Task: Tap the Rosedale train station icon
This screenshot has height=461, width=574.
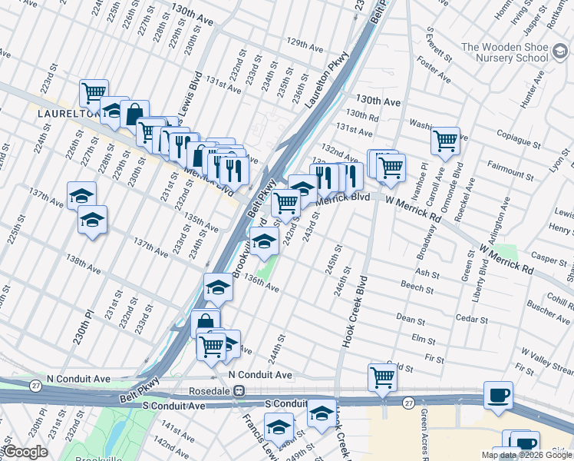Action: tap(239, 390)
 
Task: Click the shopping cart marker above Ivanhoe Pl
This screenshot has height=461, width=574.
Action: tap(445, 141)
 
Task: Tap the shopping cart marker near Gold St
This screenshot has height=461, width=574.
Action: tap(381, 376)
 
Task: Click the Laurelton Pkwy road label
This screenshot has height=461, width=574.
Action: tap(327, 80)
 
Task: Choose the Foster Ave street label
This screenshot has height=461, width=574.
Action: tap(434, 69)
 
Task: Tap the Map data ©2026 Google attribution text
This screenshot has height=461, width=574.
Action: tap(526, 455)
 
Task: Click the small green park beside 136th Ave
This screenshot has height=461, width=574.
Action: tap(265, 270)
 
